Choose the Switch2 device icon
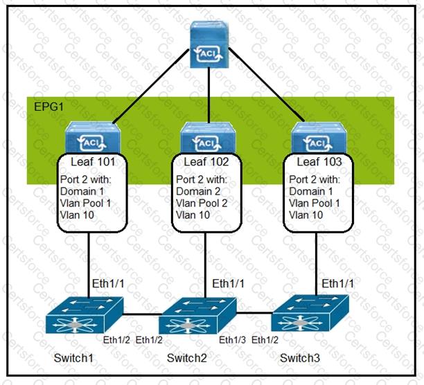[x=189, y=319]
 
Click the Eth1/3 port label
[x=232, y=339]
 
